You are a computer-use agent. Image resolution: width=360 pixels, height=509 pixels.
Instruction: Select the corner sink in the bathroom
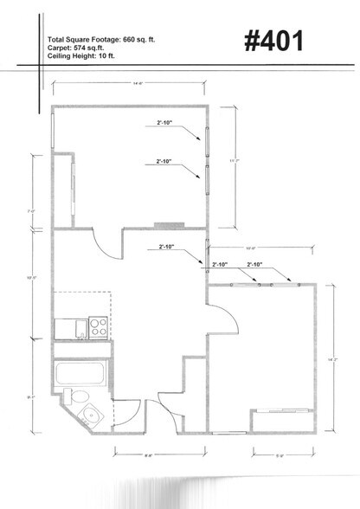point(96,413)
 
